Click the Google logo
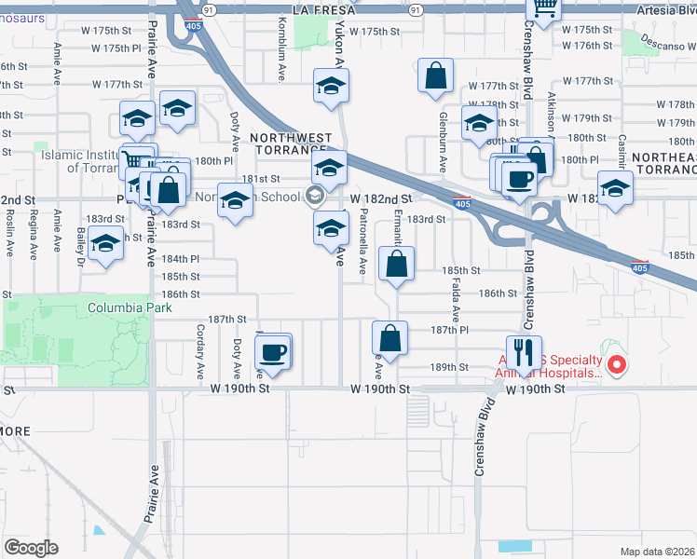31,548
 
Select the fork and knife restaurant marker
523,352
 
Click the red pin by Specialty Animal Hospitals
615,364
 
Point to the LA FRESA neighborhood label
324,8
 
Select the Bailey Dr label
81,246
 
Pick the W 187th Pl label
449,330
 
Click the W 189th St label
449,367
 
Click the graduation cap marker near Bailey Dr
106,244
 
